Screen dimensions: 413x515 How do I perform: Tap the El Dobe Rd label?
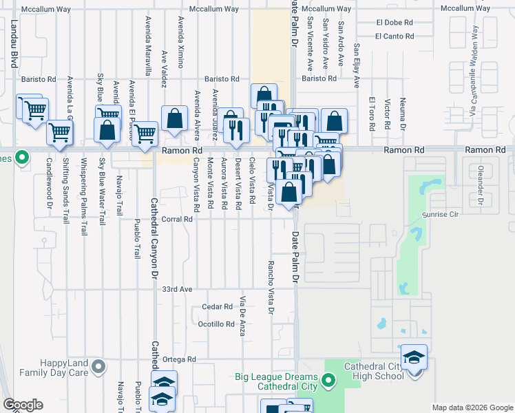coord(394,23)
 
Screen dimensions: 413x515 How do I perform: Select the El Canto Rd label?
coord(395,36)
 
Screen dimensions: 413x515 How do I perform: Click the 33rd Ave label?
coord(178,290)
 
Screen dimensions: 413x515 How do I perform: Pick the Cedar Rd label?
coord(218,306)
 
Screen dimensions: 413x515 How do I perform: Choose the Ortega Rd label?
coord(180,359)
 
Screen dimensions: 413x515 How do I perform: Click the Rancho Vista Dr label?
coord(271,288)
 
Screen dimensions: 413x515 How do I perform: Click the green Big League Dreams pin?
coord(328,379)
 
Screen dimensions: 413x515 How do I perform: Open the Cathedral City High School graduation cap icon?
coord(414,358)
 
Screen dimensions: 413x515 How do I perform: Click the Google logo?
coord(23,405)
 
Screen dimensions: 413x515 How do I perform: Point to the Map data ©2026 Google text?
coord(472,407)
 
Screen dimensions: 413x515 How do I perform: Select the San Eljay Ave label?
coord(357,66)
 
